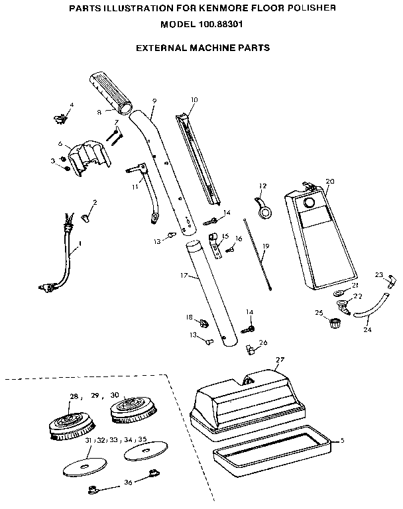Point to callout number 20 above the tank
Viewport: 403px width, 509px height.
(330, 181)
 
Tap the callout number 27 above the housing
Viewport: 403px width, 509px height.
(280, 360)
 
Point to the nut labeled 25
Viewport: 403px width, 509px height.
(335, 323)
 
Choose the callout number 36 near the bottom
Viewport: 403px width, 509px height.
(128, 482)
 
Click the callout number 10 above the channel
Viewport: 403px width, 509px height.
(194, 100)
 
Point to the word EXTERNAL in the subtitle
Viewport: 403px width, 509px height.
(160, 48)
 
